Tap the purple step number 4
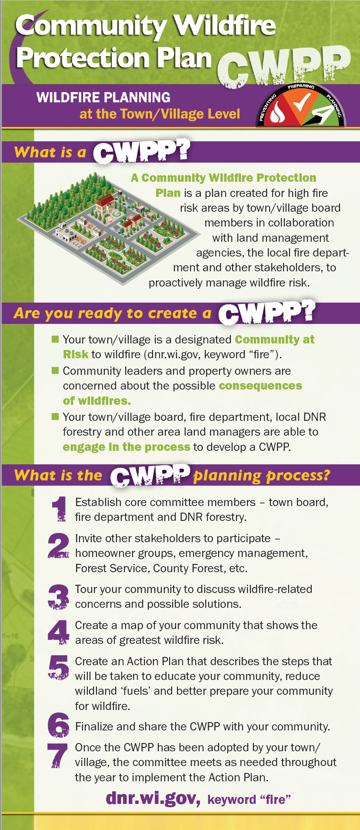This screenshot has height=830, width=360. click(x=59, y=632)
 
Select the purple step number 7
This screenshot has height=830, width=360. click(x=58, y=755)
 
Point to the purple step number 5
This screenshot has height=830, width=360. click(x=59, y=667)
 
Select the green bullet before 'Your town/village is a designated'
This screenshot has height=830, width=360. click(x=55, y=339)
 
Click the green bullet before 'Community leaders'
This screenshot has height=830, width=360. click(x=55, y=370)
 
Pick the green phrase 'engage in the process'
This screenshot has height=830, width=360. click(x=127, y=447)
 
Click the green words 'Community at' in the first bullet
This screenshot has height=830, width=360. click(x=275, y=339)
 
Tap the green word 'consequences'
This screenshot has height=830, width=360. click(x=260, y=386)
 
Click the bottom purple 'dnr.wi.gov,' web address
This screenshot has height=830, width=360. click(x=153, y=798)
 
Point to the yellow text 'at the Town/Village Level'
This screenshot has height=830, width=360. click(x=160, y=114)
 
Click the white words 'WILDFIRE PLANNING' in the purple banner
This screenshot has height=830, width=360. click(x=103, y=97)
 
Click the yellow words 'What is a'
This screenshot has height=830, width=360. click(x=50, y=152)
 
